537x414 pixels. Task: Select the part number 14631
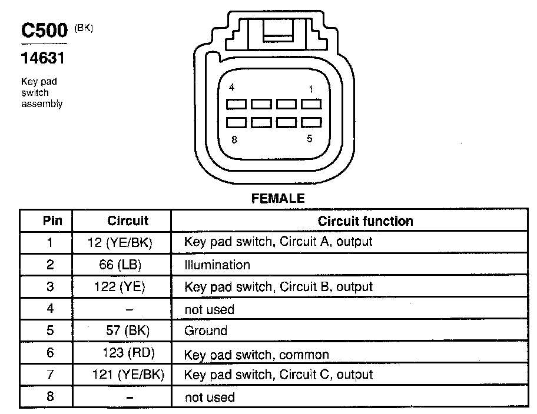tap(42, 59)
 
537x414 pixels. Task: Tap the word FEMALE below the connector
tap(278, 199)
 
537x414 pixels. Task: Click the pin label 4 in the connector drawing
tap(232, 88)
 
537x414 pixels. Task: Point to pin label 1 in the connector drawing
tap(310, 89)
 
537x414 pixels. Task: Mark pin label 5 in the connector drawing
tap(309, 139)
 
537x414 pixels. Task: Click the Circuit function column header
tap(365, 221)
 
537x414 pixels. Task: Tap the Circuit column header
tap(128, 221)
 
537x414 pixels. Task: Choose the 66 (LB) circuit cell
tap(121, 265)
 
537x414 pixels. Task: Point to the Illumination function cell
tap(217, 265)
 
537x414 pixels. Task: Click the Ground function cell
tap(205, 330)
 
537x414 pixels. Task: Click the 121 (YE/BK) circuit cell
tap(128, 375)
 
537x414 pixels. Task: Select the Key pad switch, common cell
tap(257, 355)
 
